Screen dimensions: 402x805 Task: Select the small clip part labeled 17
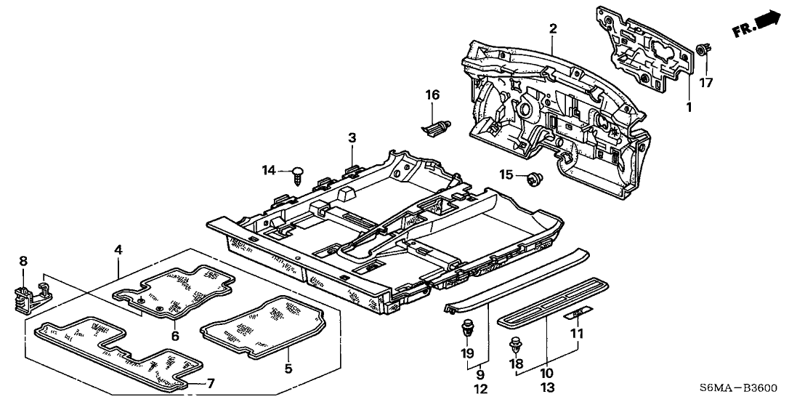pyautogui.click(x=703, y=51)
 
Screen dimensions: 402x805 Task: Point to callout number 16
pyautogui.click(x=433, y=95)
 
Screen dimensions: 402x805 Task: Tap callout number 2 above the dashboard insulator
pyautogui.click(x=554, y=29)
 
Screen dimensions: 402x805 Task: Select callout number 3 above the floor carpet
pyautogui.click(x=352, y=137)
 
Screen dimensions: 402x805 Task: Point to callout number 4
pyautogui.click(x=118, y=251)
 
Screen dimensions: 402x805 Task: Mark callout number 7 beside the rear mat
pyautogui.click(x=211, y=383)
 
